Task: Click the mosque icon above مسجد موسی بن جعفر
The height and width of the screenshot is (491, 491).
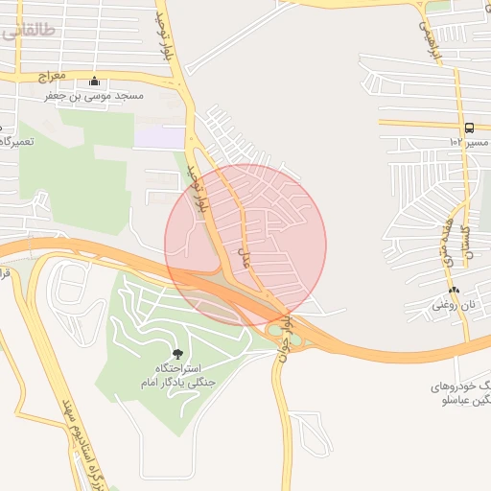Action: (x=94, y=82)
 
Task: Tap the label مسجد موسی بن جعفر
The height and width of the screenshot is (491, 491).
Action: (x=94, y=96)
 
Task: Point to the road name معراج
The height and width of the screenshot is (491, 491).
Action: (x=51, y=75)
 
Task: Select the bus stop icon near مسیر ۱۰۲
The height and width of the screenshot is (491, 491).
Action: (x=469, y=128)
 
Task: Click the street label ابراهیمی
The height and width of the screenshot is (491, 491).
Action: (x=425, y=36)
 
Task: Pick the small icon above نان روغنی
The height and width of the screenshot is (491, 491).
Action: (x=454, y=290)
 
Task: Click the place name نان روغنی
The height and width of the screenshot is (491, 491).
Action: (x=454, y=304)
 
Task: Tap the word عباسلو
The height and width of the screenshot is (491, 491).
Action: (x=457, y=401)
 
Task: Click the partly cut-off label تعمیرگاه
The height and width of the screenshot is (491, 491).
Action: (x=17, y=141)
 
